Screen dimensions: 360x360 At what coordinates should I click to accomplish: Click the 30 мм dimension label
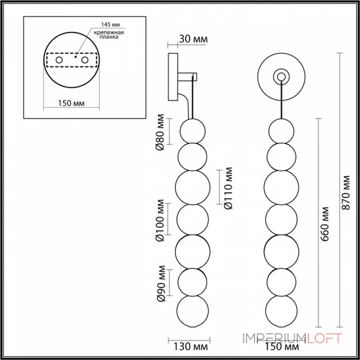[x=193, y=39]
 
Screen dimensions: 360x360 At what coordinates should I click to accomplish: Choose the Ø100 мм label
[x=159, y=219]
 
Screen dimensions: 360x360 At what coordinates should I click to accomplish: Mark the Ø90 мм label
[x=159, y=283]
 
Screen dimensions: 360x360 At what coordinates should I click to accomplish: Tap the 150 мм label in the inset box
[x=72, y=103]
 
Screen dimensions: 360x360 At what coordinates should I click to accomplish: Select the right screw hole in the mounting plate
[x=84, y=60]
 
